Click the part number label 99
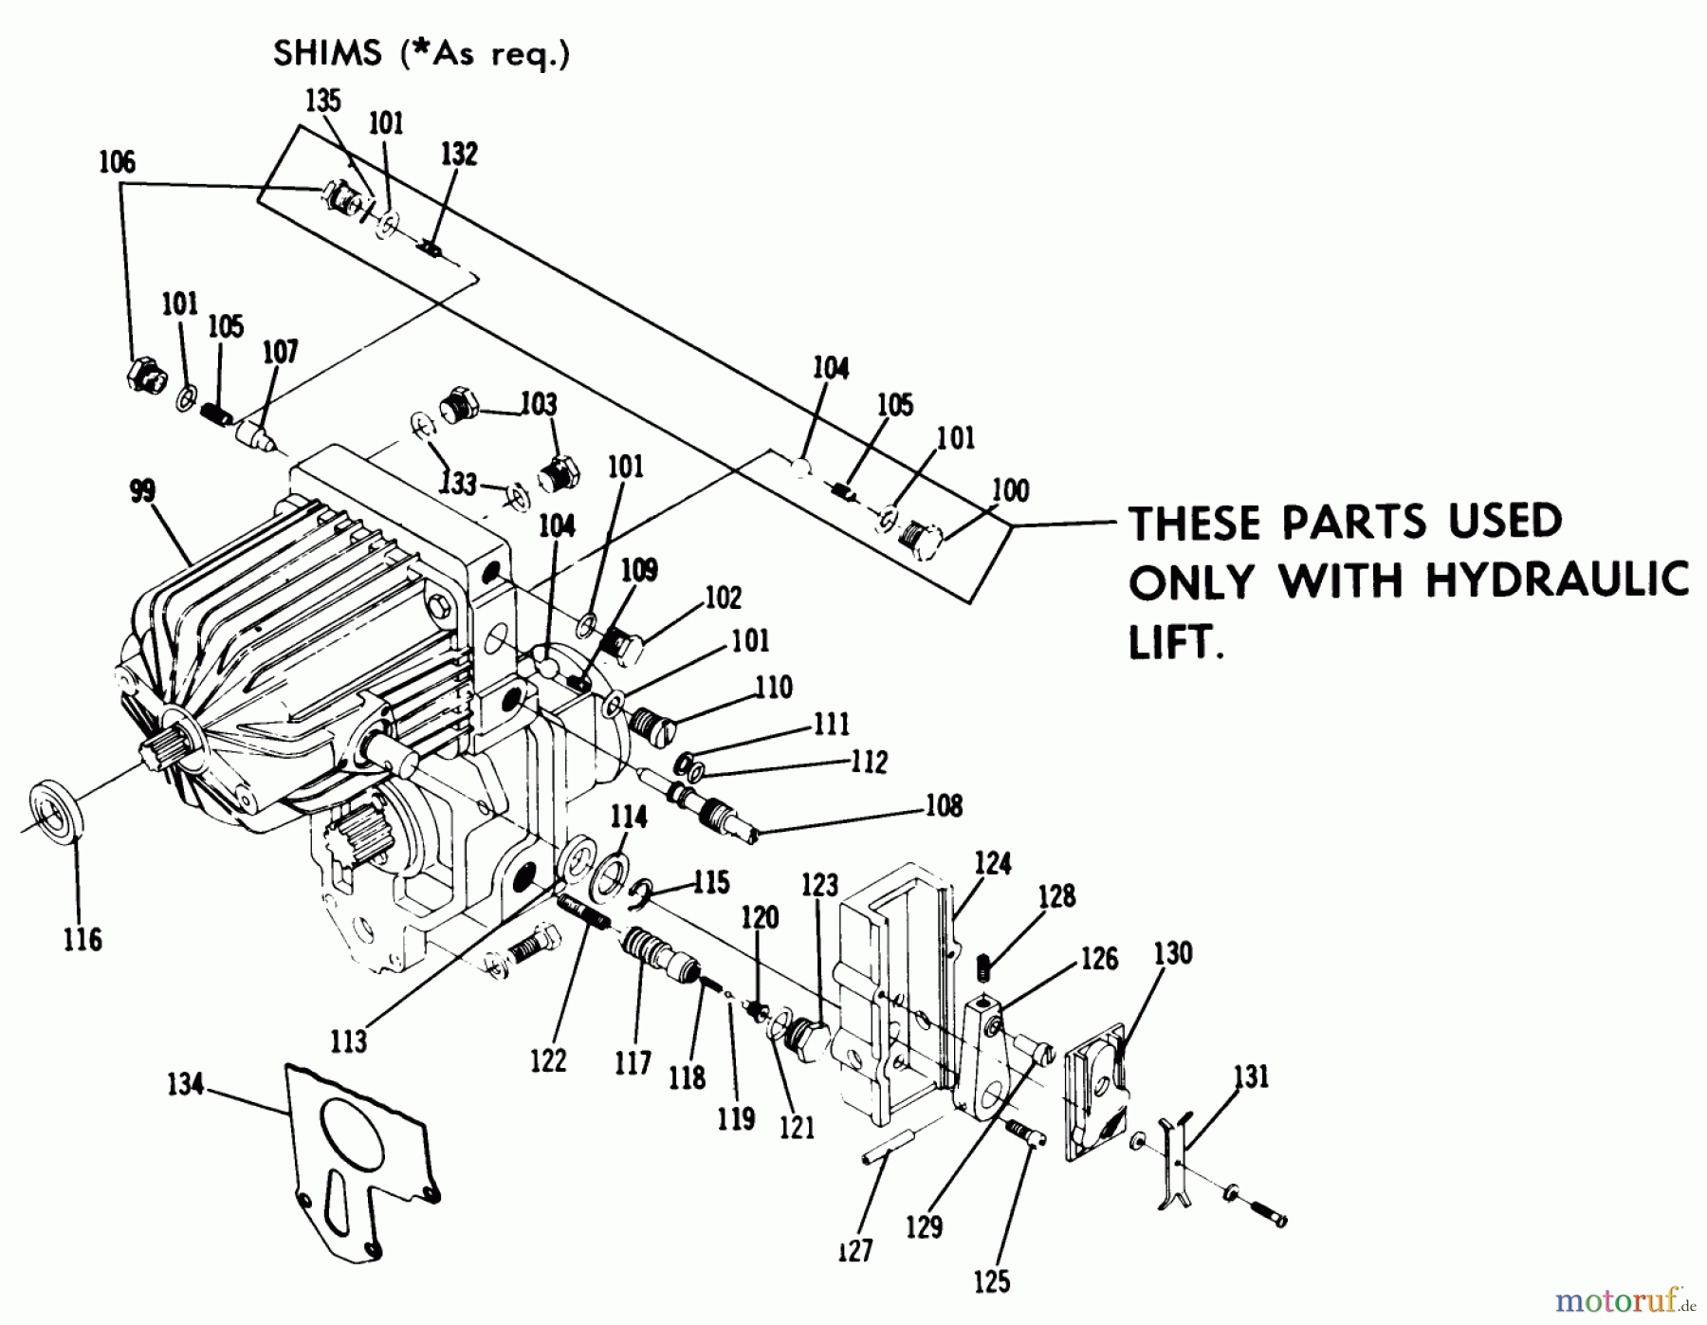click(142, 492)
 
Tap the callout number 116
click(83, 940)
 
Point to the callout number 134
click(186, 1084)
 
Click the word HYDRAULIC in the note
click(1557, 580)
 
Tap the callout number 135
click(323, 101)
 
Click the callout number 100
click(1010, 490)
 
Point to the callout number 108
click(944, 806)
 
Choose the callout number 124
click(993, 863)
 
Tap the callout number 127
click(854, 1251)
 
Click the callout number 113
click(349, 1041)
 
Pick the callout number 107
click(280, 352)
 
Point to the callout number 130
click(1173, 953)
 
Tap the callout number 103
click(539, 404)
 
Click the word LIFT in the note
click(1173, 644)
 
